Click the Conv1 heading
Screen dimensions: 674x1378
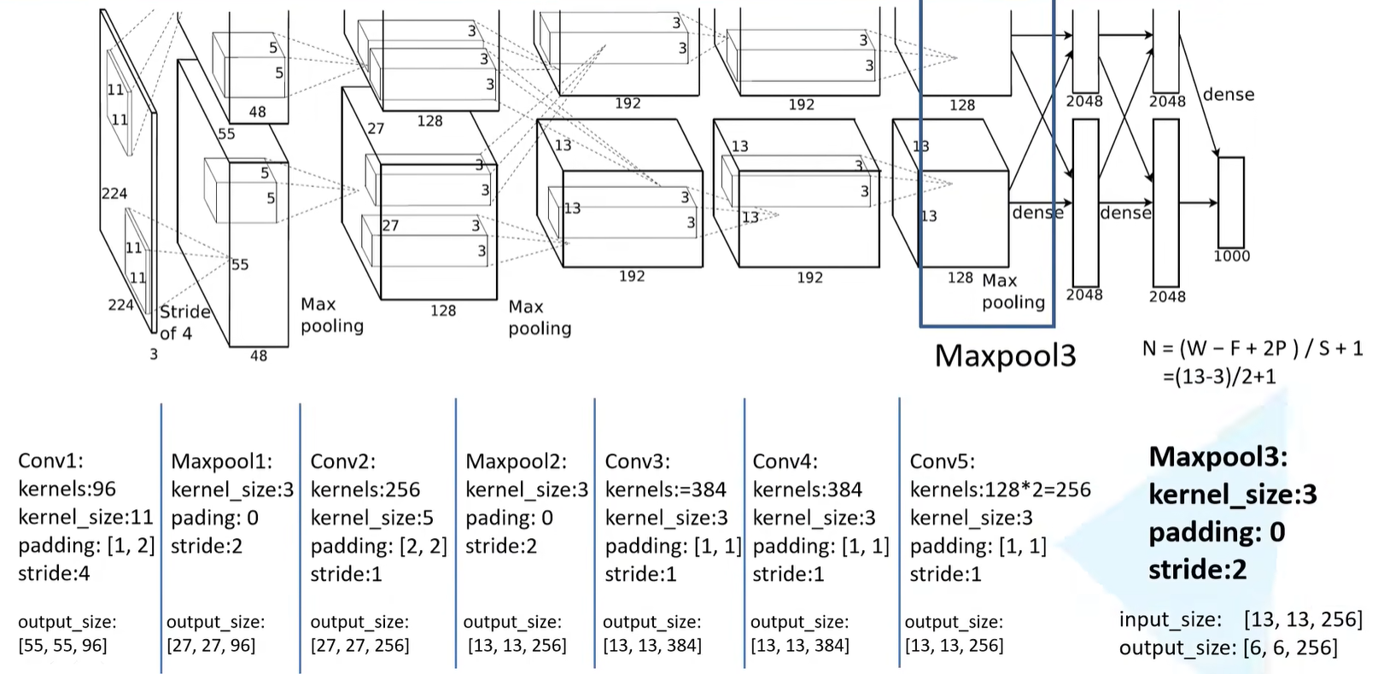(x=50, y=461)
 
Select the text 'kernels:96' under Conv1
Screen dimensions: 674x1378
(x=67, y=489)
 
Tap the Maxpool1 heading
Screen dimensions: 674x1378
(x=221, y=462)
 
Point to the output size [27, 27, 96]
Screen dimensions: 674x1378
(x=211, y=646)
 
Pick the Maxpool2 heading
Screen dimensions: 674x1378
(x=516, y=462)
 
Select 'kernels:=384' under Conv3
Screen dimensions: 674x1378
(x=665, y=489)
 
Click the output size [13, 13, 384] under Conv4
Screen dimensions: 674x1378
(x=799, y=646)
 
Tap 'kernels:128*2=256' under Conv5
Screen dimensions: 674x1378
(x=1000, y=489)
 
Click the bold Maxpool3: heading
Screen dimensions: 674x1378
(x=1217, y=457)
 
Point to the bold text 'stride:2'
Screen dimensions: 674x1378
(x=1197, y=570)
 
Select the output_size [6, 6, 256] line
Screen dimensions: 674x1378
(x=1228, y=648)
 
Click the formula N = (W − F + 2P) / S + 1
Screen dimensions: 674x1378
(x=1252, y=349)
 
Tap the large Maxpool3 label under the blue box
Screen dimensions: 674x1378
(x=1005, y=356)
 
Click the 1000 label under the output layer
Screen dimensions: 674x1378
(x=1231, y=256)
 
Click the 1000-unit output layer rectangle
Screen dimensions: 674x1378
(x=1230, y=202)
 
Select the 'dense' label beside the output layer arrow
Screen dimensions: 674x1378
(x=1229, y=95)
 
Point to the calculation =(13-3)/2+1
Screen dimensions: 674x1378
(x=1219, y=377)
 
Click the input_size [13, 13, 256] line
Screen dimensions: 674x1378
(x=1240, y=619)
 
